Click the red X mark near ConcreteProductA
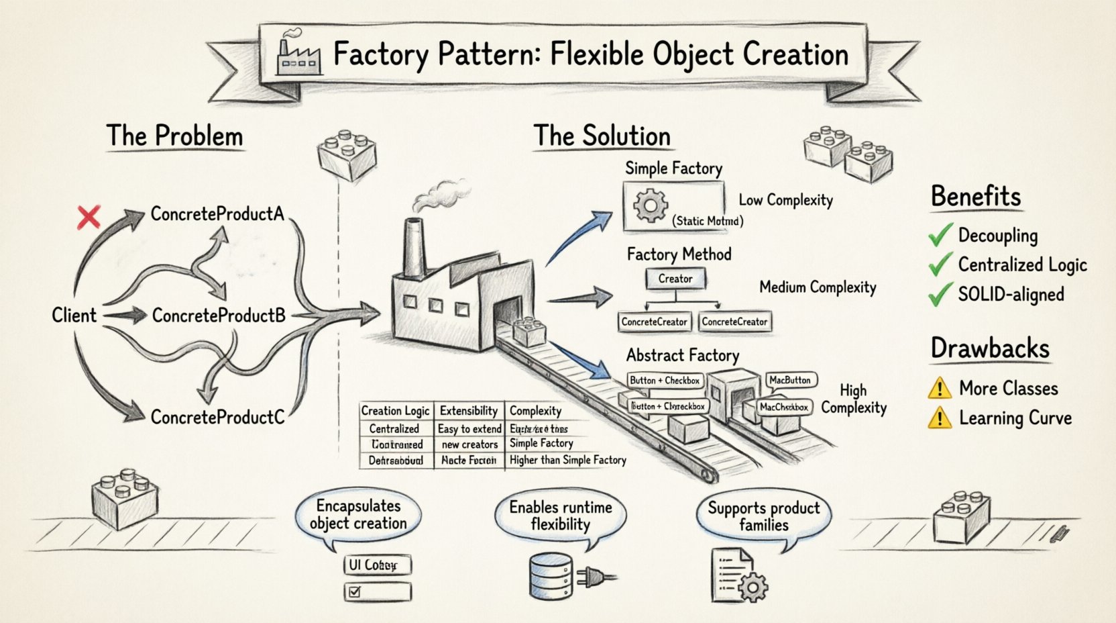[x=89, y=217]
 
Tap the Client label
[x=74, y=315]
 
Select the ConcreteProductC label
[x=217, y=417]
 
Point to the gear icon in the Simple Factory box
[x=650, y=206]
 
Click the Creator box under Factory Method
[x=675, y=279]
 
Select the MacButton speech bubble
[x=790, y=381]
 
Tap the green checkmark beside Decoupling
[x=940, y=235]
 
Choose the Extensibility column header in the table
[x=468, y=411]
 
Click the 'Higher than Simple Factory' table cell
[x=567, y=460]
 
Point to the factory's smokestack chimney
[x=414, y=247]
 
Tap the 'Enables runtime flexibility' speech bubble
[x=560, y=516]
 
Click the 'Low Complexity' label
[x=785, y=200]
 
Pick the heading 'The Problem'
[x=174, y=136]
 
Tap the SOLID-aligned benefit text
[x=1011, y=294]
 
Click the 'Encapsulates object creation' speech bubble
[x=358, y=515]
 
